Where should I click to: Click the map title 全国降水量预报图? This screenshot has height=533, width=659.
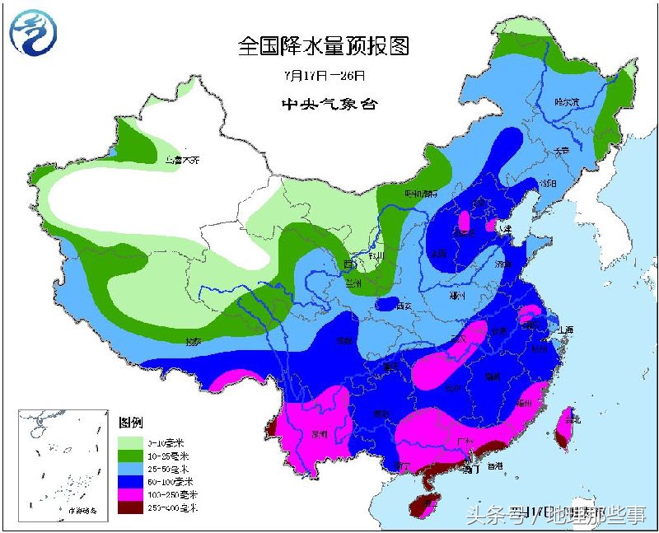(x=323, y=45)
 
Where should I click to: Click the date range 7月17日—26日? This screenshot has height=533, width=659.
(x=323, y=75)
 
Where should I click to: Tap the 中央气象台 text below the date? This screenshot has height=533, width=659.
(x=323, y=105)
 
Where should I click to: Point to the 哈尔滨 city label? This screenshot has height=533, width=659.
(x=567, y=102)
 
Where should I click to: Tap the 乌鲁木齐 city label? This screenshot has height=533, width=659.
(x=182, y=160)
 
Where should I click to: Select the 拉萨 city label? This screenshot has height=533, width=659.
(x=193, y=340)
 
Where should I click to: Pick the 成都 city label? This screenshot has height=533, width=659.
(x=345, y=339)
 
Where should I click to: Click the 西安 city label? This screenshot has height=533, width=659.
(x=403, y=306)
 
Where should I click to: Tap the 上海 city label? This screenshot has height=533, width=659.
(x=564, y=330)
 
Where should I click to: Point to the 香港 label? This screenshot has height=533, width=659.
(x=494, y=466)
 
